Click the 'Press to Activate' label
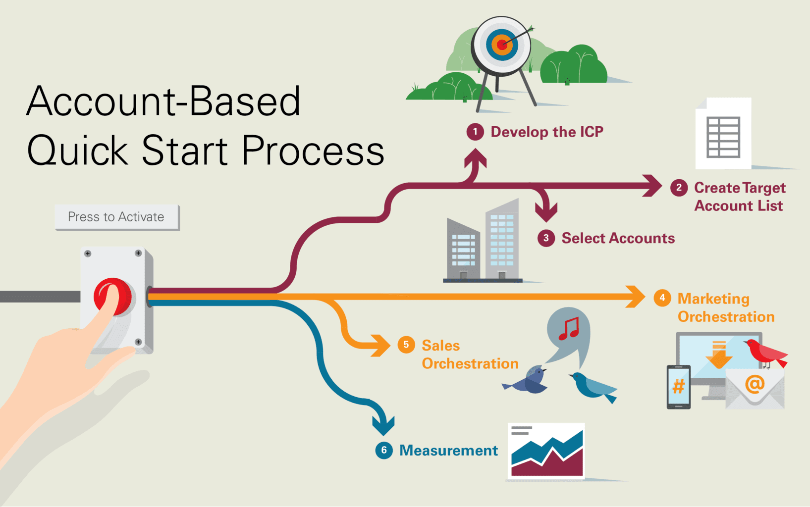(116, 217)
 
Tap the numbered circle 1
(475, 132)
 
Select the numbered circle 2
(679, 188)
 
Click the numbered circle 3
(546, 238)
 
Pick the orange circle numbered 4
(662, 298)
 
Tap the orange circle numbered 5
(406, 345)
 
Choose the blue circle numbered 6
(384, 450)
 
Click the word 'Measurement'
(448, 451)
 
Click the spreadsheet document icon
(723, 134)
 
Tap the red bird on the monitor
(765, 352)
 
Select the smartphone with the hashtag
(678, 387)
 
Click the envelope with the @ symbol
(755, 388)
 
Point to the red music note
(569, 328)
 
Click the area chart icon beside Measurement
(546, 451)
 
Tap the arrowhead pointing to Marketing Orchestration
(635, 297)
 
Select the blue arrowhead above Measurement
(383, 424)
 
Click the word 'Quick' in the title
(78, 151)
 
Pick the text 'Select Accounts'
(618, 238)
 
